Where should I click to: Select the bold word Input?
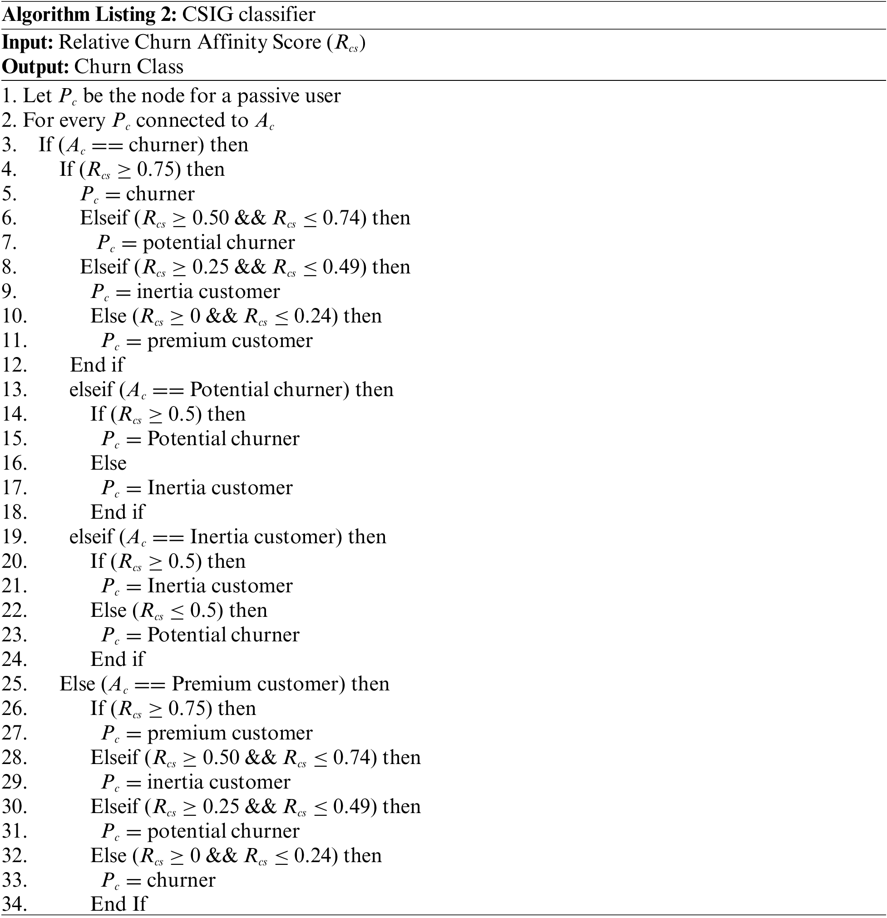(x=28, y=42)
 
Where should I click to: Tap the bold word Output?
(x=35, y=66)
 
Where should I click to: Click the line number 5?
(x=10, y=194)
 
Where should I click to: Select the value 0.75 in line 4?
(x=154, y=169)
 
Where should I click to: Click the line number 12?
(x=14, y=365)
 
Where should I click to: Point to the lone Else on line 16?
(x=108, y=463)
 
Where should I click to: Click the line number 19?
(x=14, y=537)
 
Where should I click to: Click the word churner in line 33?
(x=181, y=880)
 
